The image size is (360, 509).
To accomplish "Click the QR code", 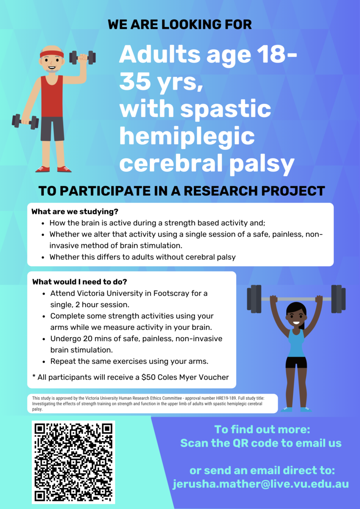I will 73,462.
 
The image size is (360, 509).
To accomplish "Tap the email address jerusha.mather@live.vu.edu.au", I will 260,484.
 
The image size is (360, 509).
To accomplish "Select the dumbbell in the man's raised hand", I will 82,57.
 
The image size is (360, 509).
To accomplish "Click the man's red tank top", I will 52,96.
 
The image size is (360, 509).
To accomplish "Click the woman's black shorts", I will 296,363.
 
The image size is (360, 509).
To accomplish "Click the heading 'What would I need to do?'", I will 80,282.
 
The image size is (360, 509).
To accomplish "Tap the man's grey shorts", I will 52,129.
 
